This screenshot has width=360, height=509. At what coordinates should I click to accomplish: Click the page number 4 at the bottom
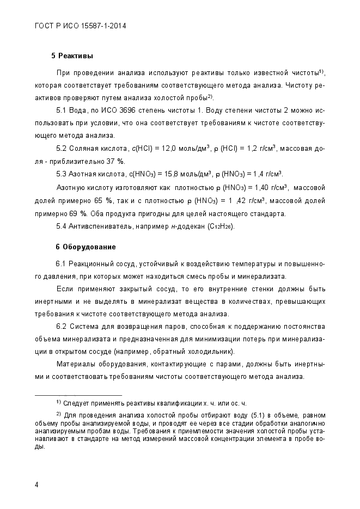pyautogui.click(x=36, y=485)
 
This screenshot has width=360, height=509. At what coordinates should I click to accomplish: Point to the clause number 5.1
pyautogui.click(x=62, y=111)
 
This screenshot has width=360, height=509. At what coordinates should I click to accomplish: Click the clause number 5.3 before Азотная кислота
pyautogui.click(x=62, y=174)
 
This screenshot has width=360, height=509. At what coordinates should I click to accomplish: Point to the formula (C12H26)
pyautogui.click(x=221, y=226)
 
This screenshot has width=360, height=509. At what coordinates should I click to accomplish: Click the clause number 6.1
pyautogui.click(x=62, y=264)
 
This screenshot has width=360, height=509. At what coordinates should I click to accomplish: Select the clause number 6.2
pyautogui.click(x=62, y=326)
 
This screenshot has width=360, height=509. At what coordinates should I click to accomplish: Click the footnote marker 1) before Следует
pyautogui.click(x=58, y=402)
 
